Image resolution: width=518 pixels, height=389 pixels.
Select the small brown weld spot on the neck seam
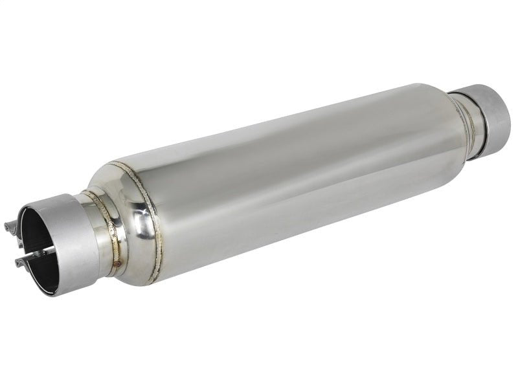coord(117,263)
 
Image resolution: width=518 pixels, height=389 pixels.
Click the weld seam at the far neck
coord(462,120)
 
